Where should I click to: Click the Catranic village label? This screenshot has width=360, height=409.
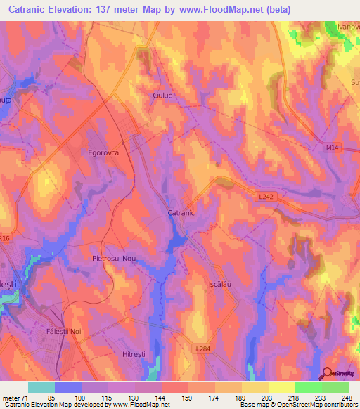coord(181,212)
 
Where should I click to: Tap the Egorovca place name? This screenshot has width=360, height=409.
coord(89,151)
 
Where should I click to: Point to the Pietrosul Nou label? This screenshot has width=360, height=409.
coord(118,259)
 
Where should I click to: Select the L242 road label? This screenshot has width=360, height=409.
coord(266,197)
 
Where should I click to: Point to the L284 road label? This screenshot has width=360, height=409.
coord(204,348)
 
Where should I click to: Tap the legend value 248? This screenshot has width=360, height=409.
coord(346,397)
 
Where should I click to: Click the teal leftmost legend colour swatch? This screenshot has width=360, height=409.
coord(41,387)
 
